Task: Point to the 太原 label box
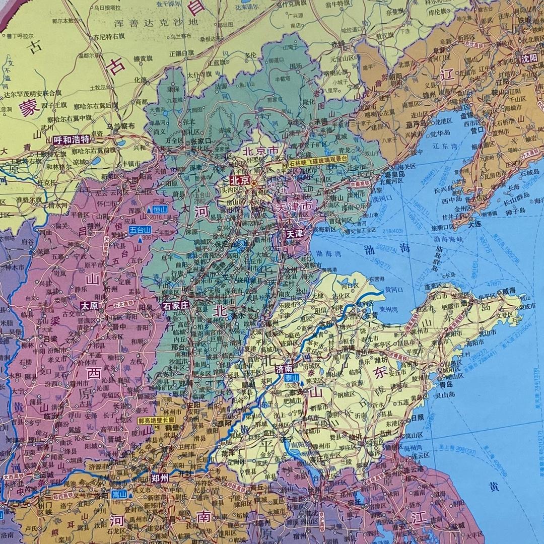(90, 305)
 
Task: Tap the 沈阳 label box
(529, 57)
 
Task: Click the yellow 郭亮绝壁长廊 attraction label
(156, 420)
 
